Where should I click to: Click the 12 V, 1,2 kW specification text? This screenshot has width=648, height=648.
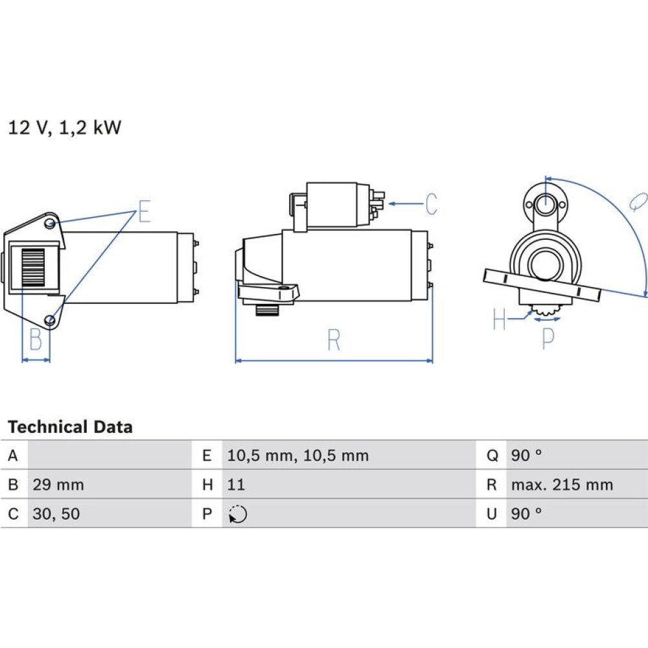click(x=64, y=128)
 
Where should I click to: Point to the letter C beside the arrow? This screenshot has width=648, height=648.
click(x=431, y=204)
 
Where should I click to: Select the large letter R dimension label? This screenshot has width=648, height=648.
click(x=334, y=340)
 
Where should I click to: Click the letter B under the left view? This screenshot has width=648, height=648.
click(x=36, y=340)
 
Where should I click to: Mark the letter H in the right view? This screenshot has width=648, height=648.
click(x=499, y=319)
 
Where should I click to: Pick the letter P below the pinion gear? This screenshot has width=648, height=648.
click(x=548, y=338)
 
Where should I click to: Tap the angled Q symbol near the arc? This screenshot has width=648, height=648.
click(x=637, y=202)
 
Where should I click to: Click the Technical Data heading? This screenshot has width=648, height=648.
click(x=70, y=427)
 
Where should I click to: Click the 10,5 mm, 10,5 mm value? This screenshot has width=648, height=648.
click(x=297, y=456)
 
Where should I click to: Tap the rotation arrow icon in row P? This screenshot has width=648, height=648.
click(x=238, y=515)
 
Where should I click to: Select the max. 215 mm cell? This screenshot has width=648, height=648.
click(x=561, y=485)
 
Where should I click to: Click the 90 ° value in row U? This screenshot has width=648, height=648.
click(x=526, y=514)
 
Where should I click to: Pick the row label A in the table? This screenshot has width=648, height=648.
click(x=13, y=456)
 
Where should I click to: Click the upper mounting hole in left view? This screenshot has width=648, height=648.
click(x=51, y=224)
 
